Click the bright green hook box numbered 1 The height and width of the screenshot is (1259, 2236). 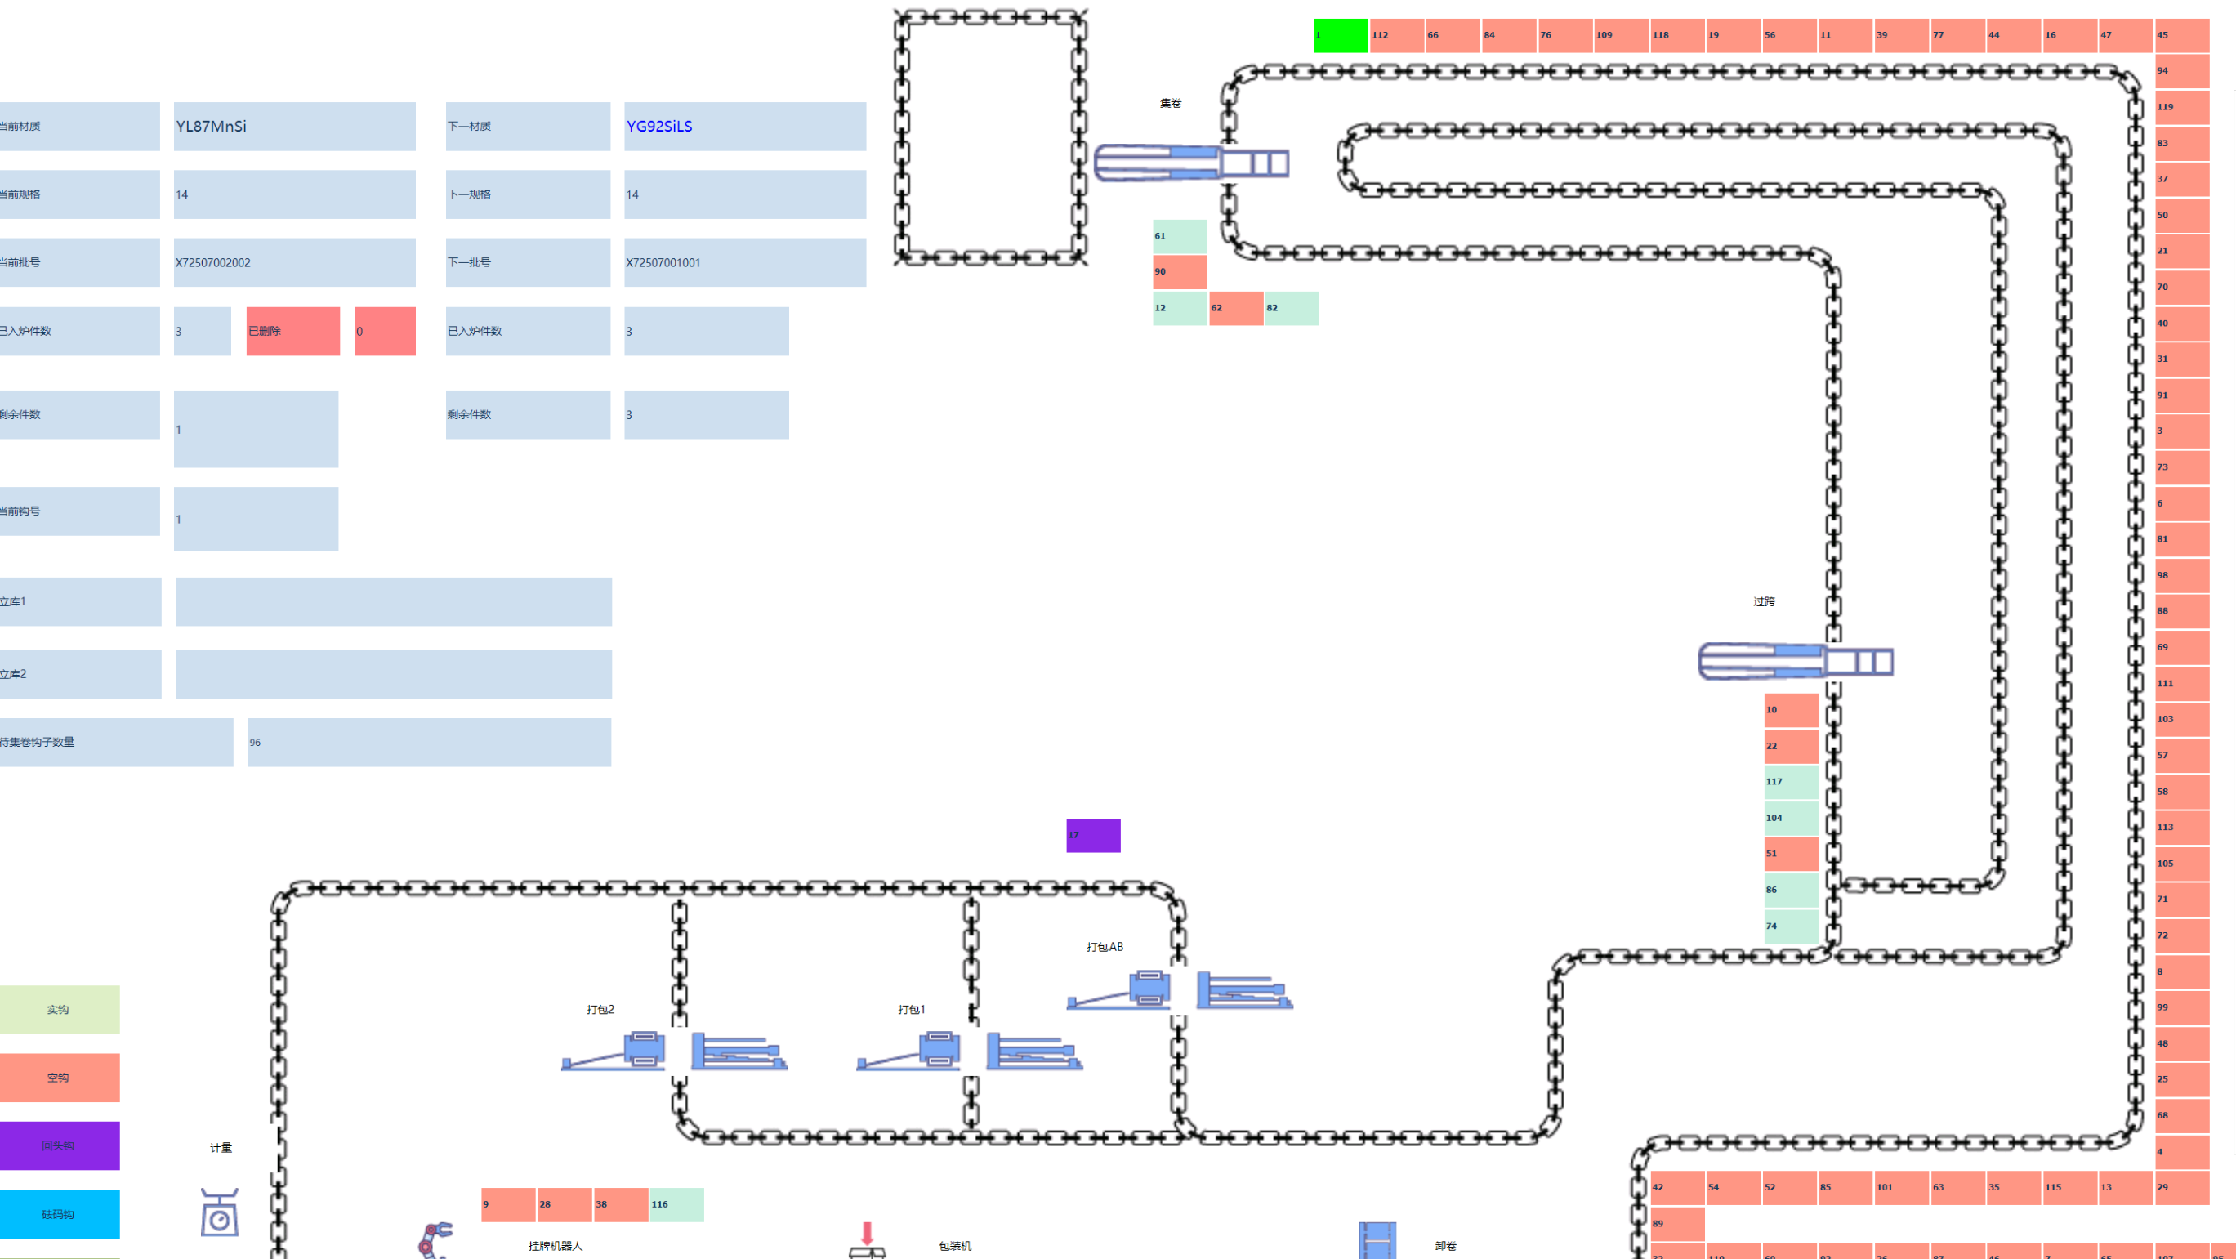1339,36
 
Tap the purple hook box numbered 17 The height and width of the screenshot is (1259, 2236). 1093,835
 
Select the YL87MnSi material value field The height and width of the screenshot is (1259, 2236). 294,127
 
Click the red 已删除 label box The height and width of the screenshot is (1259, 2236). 292,331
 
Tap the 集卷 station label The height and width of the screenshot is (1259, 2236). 1170,103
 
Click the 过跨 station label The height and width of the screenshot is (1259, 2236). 1763,601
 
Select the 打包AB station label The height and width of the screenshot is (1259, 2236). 1105,946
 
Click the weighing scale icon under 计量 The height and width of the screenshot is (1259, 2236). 220,1212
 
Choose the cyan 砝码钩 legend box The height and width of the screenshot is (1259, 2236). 59,1214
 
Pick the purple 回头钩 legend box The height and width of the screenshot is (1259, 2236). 59,1145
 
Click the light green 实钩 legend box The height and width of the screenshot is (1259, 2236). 59,1009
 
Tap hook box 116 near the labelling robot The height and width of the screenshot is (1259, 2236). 676,1204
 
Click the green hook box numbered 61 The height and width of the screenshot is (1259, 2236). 1179,236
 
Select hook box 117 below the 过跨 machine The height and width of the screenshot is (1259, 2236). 1790,781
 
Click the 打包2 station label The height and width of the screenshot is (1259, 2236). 600,1009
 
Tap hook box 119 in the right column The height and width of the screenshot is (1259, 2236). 2181,107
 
